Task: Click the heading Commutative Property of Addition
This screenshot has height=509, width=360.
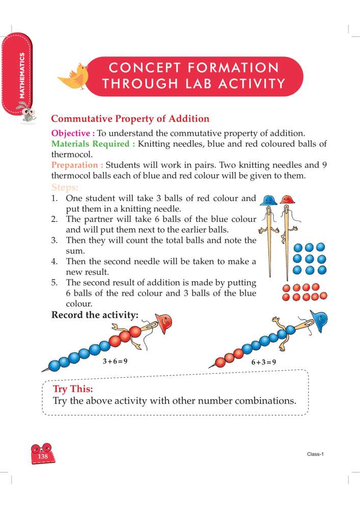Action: (x=130, y=119)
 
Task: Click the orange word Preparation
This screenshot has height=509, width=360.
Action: (x=77, y=165)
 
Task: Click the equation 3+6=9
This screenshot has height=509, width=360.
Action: (x=115, y=361)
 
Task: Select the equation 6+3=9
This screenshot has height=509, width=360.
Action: (x=263, y=362)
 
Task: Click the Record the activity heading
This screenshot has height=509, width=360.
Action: (x=95, y=315)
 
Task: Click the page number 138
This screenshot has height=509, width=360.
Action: (x=43, y=457)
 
